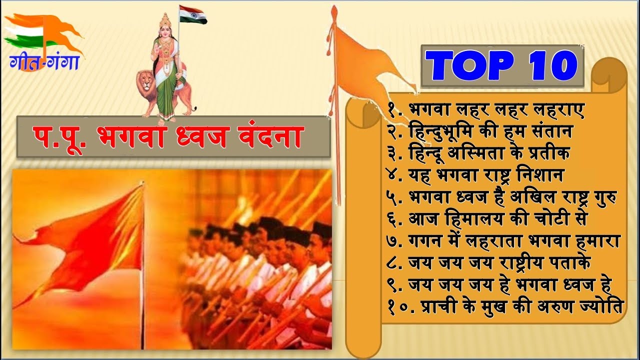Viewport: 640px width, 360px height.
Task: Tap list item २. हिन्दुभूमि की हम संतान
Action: [480, 132]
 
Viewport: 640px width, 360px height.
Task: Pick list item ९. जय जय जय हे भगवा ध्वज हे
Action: [500, 284]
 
